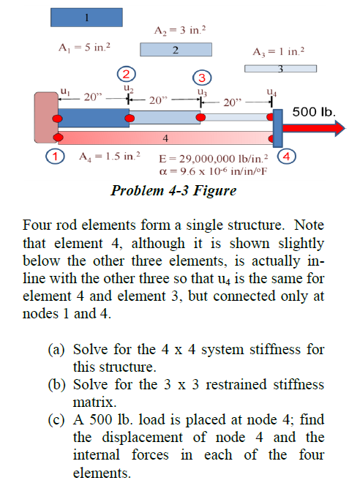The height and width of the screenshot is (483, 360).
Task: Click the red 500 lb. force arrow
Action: click(313, 129)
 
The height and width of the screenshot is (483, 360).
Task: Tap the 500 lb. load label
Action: click(313, 113)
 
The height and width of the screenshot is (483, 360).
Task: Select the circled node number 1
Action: click(53, 155)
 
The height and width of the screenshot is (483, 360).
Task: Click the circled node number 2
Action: click(127, 74)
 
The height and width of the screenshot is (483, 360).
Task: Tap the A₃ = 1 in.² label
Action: click(279, 52)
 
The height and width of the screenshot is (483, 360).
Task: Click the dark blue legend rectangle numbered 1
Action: click(86, 17)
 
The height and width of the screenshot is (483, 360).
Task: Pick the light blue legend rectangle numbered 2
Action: click(176, 49)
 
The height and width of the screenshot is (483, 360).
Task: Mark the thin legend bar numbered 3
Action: click(280, 69)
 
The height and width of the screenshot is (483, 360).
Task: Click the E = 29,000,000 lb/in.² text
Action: click(214, 158)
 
